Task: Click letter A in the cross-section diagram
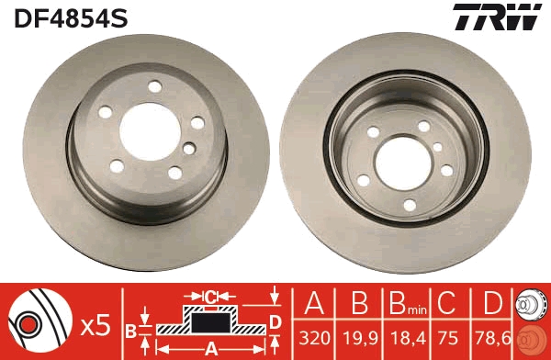coord(211,348)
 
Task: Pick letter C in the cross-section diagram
coord(210,296)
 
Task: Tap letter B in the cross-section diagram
coord(131,330)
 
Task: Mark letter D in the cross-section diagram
coord(275,321)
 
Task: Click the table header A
coord(315,303)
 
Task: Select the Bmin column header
coord(402,303)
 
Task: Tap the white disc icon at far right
coord(533,303)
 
